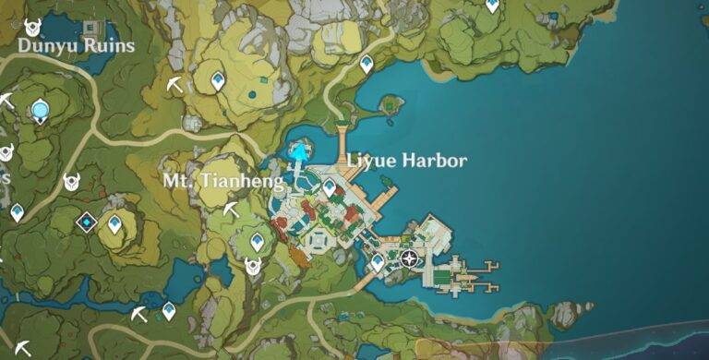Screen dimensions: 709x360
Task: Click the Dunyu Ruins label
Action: [x=76, y=45]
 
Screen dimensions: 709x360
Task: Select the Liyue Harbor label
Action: [x=406, y=161]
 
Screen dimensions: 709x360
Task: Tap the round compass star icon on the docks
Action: [x=410, y=258]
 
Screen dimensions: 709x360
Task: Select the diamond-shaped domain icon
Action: [x=87, y=221]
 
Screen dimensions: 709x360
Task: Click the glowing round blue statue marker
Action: [x=40, y=111]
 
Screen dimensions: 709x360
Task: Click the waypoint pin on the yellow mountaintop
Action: [x=218, y=81]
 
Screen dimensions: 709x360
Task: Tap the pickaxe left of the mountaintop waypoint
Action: [x=174, y=85]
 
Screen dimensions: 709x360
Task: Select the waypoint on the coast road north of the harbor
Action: [x=367, y=64]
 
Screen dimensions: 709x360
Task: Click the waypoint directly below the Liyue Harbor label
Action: [x=330, y=187]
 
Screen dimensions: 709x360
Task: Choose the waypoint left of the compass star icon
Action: [x=377, y=262]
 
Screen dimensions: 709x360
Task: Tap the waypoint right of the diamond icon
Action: [x=114, y=223]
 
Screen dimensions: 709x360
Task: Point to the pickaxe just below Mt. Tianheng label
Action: [x=231, y=210]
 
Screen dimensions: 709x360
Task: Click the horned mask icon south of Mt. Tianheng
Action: [x=252, y=267]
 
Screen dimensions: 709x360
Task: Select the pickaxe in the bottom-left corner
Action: [x=21, y=347]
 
